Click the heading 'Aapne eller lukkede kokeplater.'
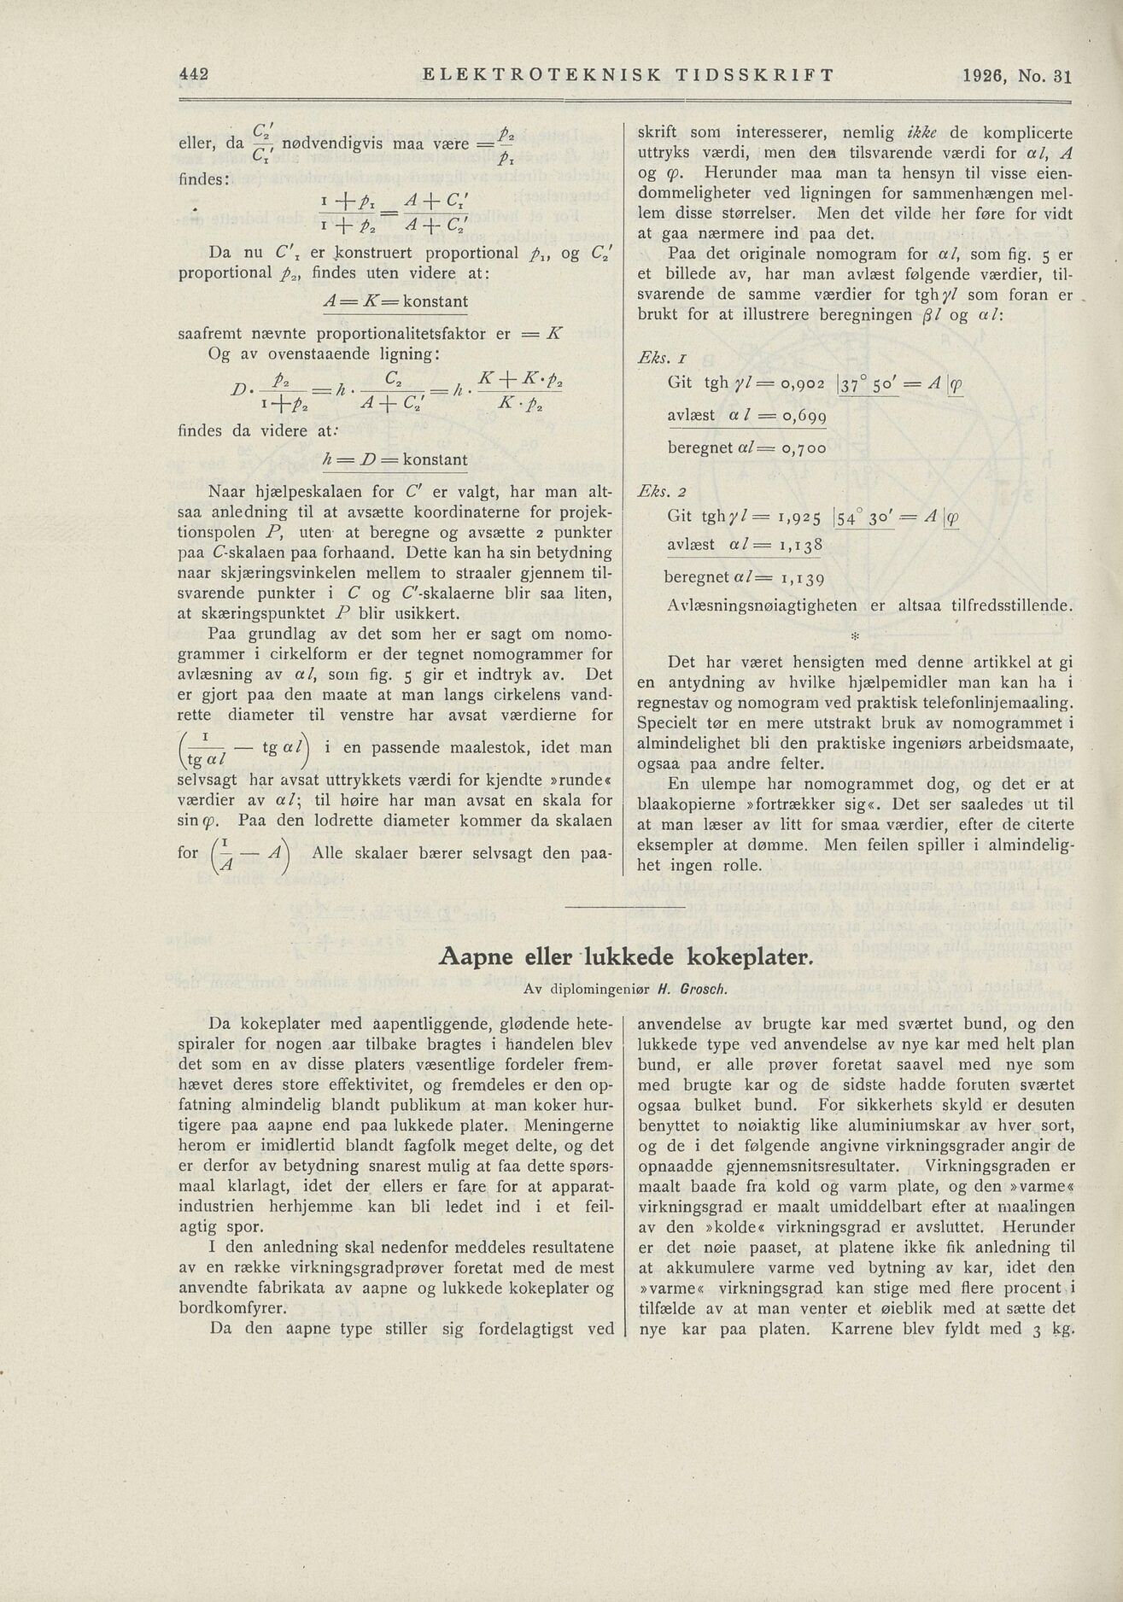[x=627, y=957]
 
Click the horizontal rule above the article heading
[x=626, y=906]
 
